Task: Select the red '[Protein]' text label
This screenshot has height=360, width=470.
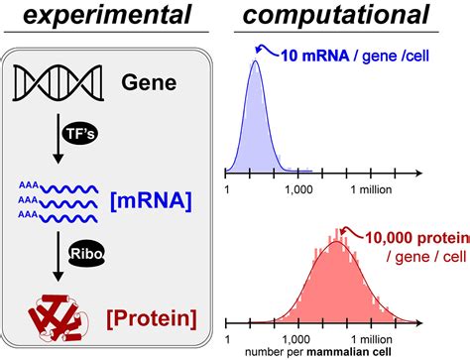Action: click(x=150, y=319)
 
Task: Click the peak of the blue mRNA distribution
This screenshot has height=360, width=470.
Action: click(x=256, y=61)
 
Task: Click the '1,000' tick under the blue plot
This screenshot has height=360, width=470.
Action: click(x=298, y=189)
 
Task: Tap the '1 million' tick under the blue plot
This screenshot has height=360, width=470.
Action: click(x=367, y=189)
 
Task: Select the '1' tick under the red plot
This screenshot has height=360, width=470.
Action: click(x=228, y=335)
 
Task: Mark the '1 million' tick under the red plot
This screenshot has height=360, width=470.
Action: click(x=367, y=335)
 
